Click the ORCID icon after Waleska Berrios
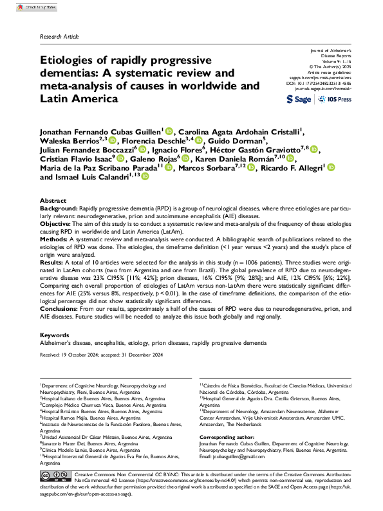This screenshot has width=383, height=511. (113, 142)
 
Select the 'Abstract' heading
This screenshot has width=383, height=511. (53, 201)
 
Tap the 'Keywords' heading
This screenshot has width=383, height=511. (55, 335)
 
